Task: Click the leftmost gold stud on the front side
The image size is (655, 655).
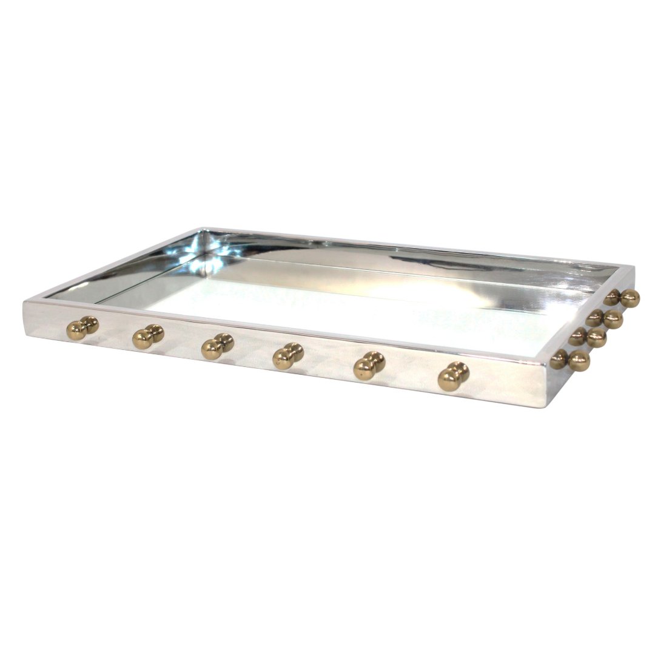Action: tap(82, 327)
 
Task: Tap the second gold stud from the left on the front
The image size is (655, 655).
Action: tap(148, 336)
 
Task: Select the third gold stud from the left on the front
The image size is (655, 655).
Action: tap(217, 346)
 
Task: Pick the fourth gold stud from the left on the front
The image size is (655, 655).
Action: tap(287, 355)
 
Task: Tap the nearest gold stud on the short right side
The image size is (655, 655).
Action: tap(570, 360)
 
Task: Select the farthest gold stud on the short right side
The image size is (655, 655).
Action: tap(622, 297)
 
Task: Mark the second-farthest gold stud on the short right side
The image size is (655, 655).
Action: tap(605, 317)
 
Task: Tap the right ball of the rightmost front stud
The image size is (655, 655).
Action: tap(461, 371)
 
